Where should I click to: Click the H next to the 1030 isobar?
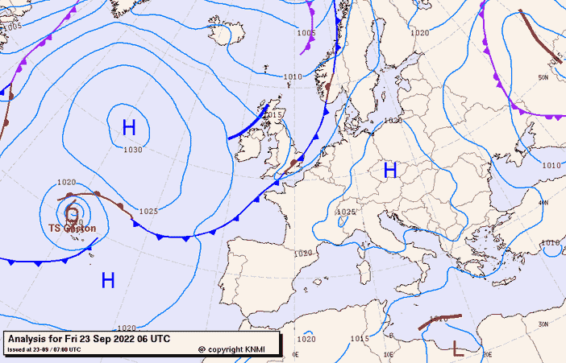[x=129, y=127]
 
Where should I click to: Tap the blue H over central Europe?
[x=390, y=170]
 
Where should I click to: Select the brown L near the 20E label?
[x=458, y=348]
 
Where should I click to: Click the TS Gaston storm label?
[x=72, y=229]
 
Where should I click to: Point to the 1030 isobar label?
[x=133, y=150]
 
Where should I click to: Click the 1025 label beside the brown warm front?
[x=148, y=211]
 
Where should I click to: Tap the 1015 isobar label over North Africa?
[x=359, y=339]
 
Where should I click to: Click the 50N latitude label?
[x=543, y=78]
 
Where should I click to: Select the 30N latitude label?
[x=544, y=324]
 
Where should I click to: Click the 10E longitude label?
[x=389, y=354]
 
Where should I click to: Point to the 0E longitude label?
[x=295, y=354]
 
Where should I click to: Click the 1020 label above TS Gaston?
[x=66, y=183]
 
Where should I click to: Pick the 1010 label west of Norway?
[x=293, y=77]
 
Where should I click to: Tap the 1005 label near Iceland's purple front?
[x=306, y=33]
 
